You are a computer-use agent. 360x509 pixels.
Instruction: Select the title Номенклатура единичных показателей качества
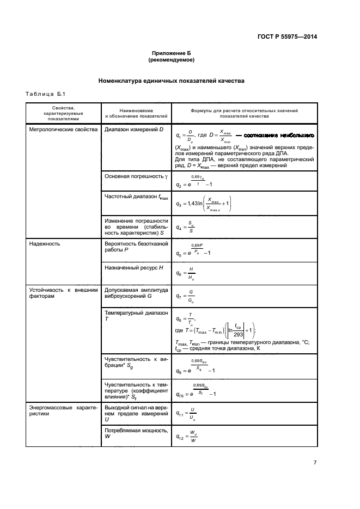[x=171, y=81]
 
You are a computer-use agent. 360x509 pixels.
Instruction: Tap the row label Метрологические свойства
[x=63, y=130]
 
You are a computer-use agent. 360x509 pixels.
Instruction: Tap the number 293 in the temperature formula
[x=237, y=334]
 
